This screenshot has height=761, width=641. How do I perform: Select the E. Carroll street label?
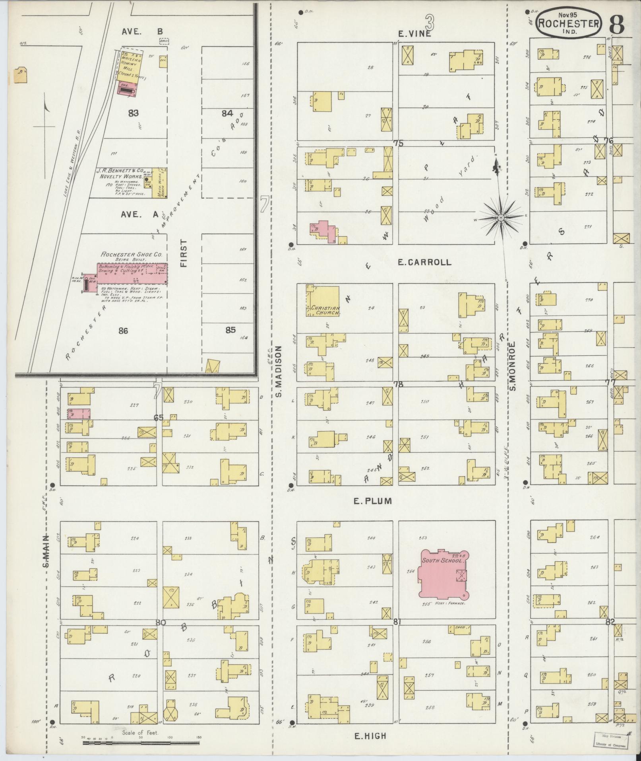click(x=424, y=262)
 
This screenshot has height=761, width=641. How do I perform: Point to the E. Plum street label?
click(x=372, y=501)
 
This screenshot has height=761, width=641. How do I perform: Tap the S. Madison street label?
click(x=279, y=371)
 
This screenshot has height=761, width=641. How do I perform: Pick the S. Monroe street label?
click(x=512, y=366)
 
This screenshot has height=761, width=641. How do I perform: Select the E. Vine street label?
click(x=414, y=34)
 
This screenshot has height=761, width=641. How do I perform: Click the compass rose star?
click(x=501, y=218)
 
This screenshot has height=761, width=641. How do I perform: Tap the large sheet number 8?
click(x=616, y=23)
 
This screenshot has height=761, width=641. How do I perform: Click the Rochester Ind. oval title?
click(x=568, y=23)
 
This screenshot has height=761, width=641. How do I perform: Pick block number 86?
click(x=123, y=330)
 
